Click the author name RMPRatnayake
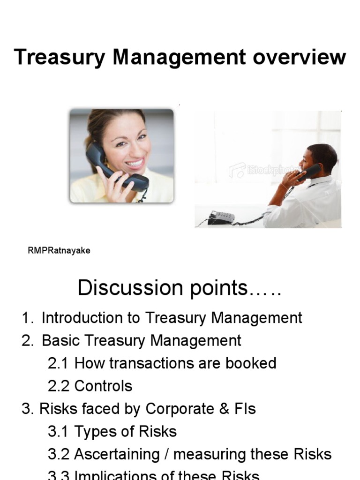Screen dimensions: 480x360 pyautogui.click(x=59, y=251)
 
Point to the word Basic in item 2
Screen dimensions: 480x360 pyautogui.click(x=59, y=340)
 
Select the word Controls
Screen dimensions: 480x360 pyautogui.click(x=103, y=386)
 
